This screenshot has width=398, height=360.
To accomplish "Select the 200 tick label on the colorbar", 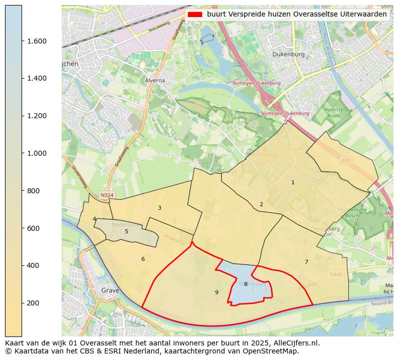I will pyautogui.click(x=37, y=303).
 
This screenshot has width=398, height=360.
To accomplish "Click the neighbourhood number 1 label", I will pyautogui.click(x=293, y=183).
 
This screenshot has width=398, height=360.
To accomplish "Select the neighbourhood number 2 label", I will pyautogui.click(x=261, y=204).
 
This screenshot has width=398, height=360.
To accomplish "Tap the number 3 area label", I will pyautogui.click(x=159, y=208).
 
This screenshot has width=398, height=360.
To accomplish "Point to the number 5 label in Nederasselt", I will pyautogui.click(x=126, y=231).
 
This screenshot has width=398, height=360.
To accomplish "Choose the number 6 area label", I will pyautogui.click(x=143, y=259).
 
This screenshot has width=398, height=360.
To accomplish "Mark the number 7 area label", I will pyautogui.click(x=306, y=262).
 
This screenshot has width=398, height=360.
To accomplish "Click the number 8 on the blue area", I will pyautogui.click(x=246, y=284).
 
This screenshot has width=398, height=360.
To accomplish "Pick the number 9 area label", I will pyautogui.click(x=217, y=292).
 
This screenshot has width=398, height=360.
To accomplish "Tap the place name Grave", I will pyautogui.click(x=110, y=290).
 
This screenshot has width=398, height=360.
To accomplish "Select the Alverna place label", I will pyautogui.click(x=155, y=80).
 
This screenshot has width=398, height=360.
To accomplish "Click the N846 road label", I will pyautogui.click(x=336, y=274).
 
